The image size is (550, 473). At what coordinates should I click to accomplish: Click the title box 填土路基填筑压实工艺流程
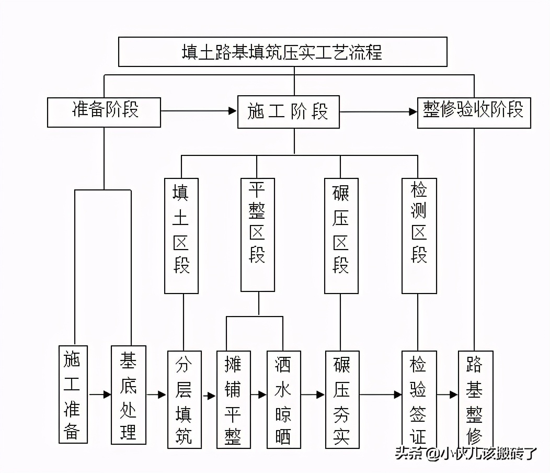point(282,52)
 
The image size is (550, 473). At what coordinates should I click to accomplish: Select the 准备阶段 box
point(104,111)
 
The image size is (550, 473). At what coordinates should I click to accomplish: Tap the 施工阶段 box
point(288,111)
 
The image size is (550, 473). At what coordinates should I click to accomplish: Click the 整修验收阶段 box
point(474,112)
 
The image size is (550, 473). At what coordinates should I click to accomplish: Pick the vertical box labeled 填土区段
point(181,235)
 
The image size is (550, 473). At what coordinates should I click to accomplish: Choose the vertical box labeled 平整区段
point(258,234)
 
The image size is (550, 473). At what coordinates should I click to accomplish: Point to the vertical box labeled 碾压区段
point(341,235)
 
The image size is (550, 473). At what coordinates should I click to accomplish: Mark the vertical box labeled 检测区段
point(419,235)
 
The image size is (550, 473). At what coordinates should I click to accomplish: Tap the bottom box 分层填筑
point(184,399)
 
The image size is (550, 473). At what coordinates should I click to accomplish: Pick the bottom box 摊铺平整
point(233,399)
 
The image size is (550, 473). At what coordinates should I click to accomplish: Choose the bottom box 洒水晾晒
point(283,399)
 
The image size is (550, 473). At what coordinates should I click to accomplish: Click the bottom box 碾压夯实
point(342,399)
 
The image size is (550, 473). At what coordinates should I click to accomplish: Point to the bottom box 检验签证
point(419,399)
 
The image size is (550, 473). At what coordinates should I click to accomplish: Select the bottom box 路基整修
point(475,399)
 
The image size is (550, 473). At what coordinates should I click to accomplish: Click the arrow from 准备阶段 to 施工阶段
point(199,111)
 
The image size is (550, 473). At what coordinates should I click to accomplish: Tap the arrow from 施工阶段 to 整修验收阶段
point(378,111)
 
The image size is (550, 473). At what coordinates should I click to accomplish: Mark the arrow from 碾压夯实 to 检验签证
point(381,395)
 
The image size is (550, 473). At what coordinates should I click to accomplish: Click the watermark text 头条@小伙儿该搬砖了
point(465,453)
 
